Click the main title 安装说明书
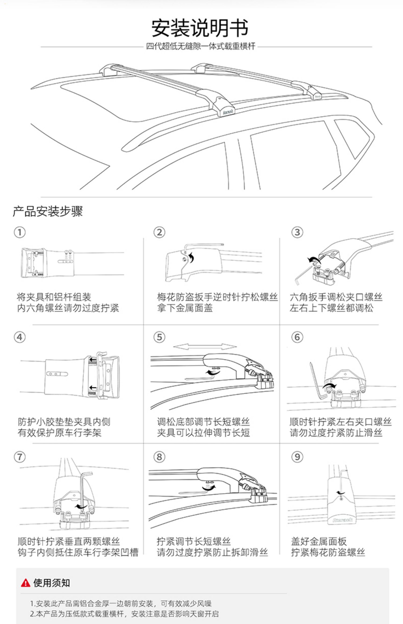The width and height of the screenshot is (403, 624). click(200, 28)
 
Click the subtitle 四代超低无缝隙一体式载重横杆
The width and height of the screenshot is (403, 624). click(200, 46)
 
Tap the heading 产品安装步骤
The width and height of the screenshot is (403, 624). click(48, 211)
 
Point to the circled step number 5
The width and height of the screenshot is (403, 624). click(159, 337)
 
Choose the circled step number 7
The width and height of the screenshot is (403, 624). click(20, 457)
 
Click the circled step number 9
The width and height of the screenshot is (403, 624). click(297, 457)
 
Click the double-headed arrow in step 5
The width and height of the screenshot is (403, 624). click(205, 347)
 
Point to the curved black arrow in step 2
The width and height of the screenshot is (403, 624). click(191, 258)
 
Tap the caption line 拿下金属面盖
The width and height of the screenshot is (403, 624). click(185, 308)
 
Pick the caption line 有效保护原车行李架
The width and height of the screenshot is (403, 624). click(59, 433)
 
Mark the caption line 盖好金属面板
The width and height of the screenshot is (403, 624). click(319, 541)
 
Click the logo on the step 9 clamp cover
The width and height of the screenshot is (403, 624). click(342, 520)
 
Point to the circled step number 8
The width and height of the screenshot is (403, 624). click(159, 457)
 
